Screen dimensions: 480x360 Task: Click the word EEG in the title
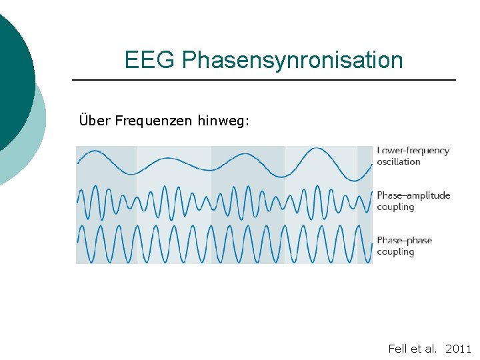[x=150, y=60]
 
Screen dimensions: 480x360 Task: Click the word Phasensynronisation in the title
[x=292, y=61]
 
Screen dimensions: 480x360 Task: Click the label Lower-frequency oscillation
[x=413, y=156]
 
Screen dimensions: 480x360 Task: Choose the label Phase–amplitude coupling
[x=413, y=201]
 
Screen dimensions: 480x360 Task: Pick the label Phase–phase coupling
[x=404, y=246]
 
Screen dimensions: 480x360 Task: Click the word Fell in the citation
[x=397, y=349]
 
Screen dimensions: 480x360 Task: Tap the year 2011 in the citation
[x=458, y=349]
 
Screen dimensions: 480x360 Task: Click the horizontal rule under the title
[x=263, y=80]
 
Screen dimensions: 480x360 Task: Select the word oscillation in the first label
[x=399, y=161]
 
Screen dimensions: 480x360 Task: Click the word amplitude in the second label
[x=428, y=195]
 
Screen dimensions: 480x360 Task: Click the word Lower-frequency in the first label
[x=413, y=151]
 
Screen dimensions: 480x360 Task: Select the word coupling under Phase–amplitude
[x=395, y=207]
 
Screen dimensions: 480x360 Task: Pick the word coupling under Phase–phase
[x=395, y=252]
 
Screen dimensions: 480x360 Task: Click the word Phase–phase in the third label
[x=404, y=241]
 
